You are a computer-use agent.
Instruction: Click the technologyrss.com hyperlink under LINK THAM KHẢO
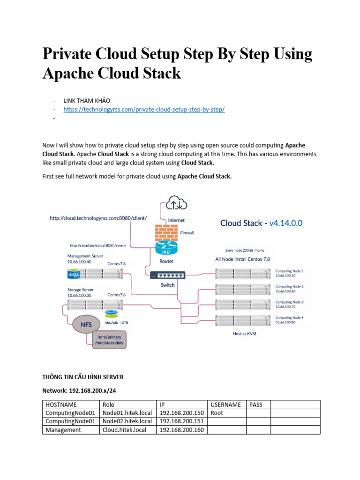144,109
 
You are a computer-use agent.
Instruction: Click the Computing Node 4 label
289,320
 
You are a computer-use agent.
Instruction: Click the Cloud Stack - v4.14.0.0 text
262,223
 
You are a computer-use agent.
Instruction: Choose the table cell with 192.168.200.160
181,430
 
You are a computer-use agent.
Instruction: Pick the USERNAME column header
226,405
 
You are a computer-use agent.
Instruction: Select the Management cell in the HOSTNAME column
63,430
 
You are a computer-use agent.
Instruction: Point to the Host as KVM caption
245,334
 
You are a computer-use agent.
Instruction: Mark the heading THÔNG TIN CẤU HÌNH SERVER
83,377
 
